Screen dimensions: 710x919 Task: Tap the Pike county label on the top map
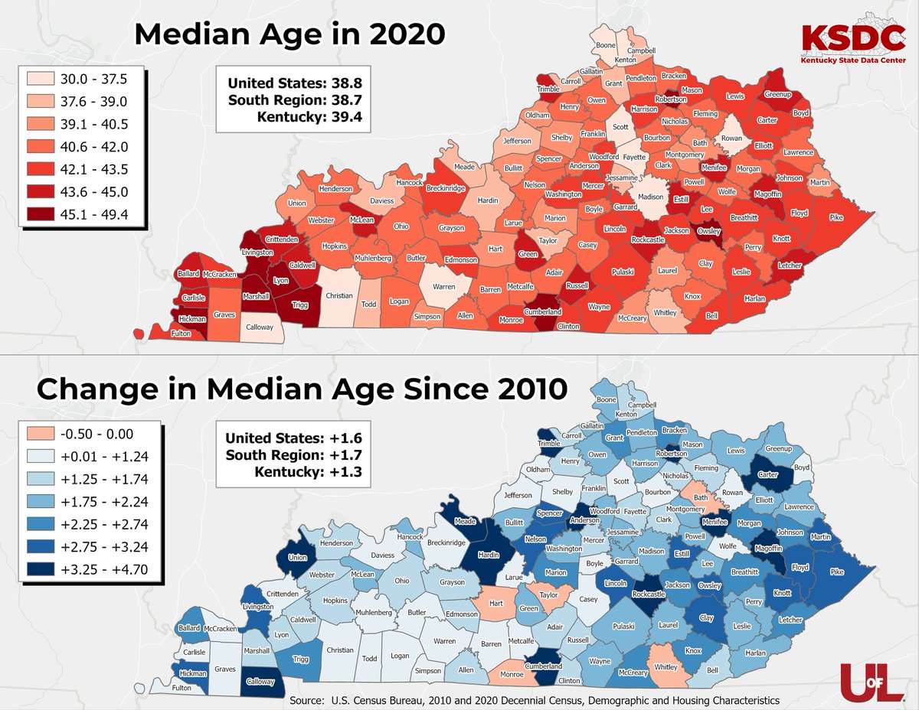click(836, 218)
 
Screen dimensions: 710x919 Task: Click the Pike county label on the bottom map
click(836, 571)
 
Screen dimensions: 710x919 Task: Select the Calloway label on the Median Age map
click(259, 327)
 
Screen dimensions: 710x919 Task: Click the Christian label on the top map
click(339, 295)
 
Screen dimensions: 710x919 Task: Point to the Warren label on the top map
click(444, 288)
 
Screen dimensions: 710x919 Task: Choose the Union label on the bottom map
click(298, 557)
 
